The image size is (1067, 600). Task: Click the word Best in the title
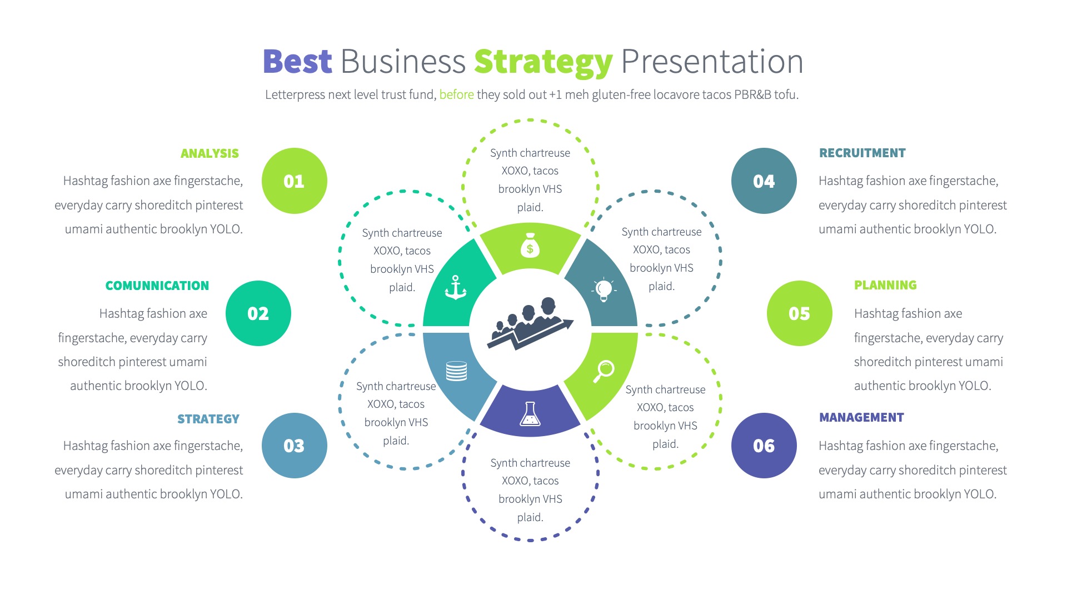click(297, 61)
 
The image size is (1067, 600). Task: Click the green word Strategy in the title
click(543, 62)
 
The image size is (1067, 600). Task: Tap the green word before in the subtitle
click(456, 94)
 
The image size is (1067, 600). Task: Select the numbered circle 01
click(294, 181)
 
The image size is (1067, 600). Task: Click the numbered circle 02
click(258, 313)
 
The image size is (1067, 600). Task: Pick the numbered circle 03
click(294, 446)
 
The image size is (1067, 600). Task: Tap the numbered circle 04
click(764, 181)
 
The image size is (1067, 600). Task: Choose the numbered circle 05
click(799, 313)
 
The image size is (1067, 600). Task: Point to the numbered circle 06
click(764, 446)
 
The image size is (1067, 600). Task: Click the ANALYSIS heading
click(210, 153)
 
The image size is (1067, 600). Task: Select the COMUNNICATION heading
click(157, 286)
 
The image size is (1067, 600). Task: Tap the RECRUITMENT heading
click(862, 153)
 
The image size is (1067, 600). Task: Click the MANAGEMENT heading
click(861, 417)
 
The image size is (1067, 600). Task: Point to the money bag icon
click(530, 245)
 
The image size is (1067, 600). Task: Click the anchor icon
click(456, 287)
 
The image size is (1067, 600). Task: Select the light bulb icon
click(604, 289)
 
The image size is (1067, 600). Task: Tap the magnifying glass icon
click(604, 371)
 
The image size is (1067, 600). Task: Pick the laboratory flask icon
click(530, 414)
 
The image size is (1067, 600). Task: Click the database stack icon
click(456, 371)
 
